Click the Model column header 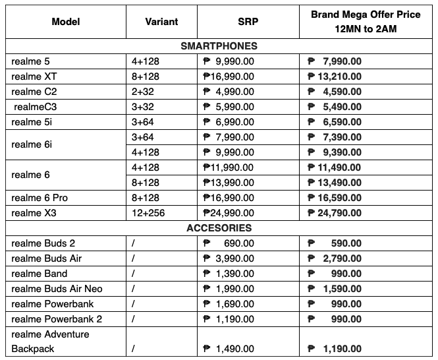click(65, 22)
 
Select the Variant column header click(161, 22)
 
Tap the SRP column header click(248, 22)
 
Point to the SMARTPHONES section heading click(219, 46)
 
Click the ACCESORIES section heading click(219, 228)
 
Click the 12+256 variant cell click(150, 213)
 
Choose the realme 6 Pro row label click(40, 198)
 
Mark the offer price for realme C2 click(336, 92)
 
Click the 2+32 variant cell click(143, 92)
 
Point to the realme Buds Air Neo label click(57, 289)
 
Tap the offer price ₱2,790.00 click(336, 258)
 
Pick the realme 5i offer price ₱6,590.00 click(336, 122)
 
